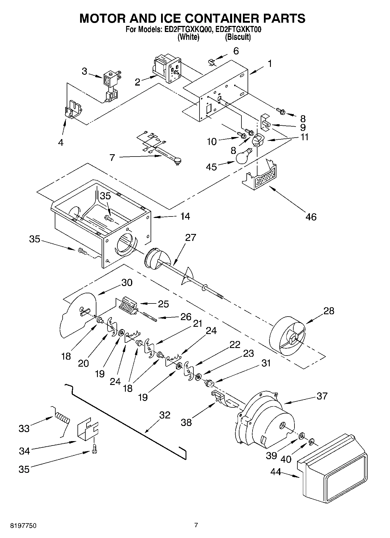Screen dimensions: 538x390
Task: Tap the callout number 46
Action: pos(311,216)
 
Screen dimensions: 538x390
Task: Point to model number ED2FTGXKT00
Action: pos(237,29)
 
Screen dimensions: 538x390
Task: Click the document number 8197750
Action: pos(23,525)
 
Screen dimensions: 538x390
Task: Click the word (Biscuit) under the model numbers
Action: pos(238,37)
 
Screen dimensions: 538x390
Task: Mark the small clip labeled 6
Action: pos(212,62)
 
